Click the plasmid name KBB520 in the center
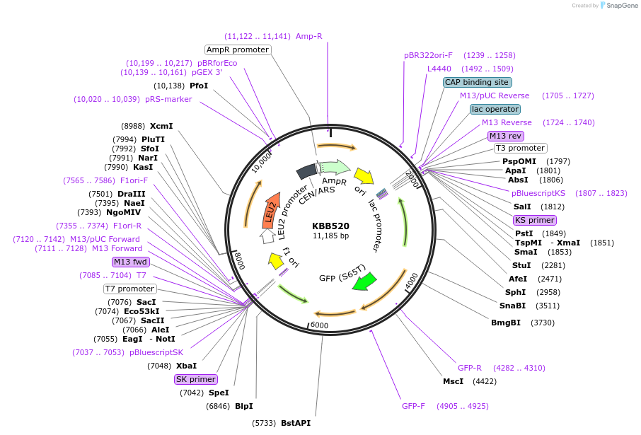pyautogui.click(x=330, y=226)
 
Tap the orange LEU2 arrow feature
pyautogui.click(x=269, y=210)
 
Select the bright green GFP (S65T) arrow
pyautogui.click(x=364, y=281)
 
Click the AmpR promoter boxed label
pyautogui.click(x=238, y=50)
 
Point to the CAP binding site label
pyautogui.click(x=478, y=82)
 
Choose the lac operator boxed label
pyautogui.click(x=495, y=109)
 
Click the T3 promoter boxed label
pyautogui.click(x=520, y=148)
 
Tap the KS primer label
pyautogui.click(x=535, y=220)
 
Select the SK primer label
pyautogui.click(x=195, y=379)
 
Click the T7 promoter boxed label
pyautogui.click(x=129, y=289)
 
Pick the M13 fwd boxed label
pyautogui.click(x=130, y=262)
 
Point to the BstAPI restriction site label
pyautogui.click(x=295, y=423)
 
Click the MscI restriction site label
pyautogui.click(x=453, y=381)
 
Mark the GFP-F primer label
pyautogui.click(x=413, y=406)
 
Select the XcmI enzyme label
pyautogui.click(x=161, y=126)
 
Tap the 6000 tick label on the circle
pyautogui.click(x=319, y=325)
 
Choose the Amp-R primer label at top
pyautogui.click(x=308, y=36)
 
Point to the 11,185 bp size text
pyautogui.click(x=330, y=236)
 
